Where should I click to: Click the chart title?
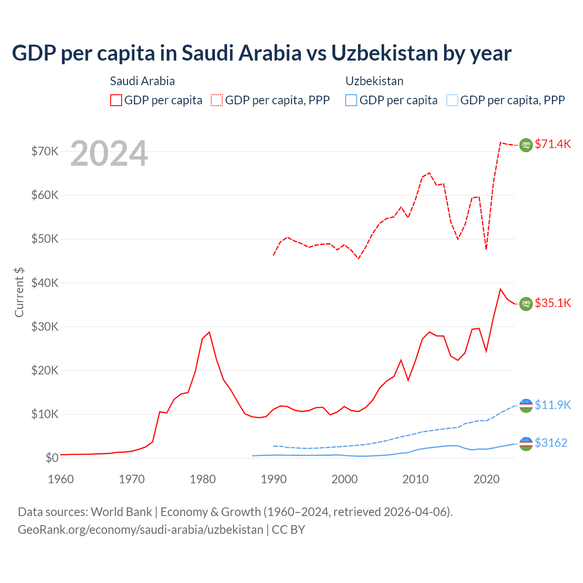point(261,53)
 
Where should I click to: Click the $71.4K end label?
point(552,144)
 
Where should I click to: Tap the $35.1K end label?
point(552,303)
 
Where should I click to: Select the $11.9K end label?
point(552,405)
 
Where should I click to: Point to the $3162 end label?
point(551,443)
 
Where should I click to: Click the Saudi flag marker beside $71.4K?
point(526,145)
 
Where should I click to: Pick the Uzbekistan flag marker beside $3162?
point(526,444)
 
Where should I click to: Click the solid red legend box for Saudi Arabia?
point(116,100)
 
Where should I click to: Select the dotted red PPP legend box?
point(217,100)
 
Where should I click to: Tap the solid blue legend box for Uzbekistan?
point(351,100)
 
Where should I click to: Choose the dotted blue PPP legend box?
point(452,100)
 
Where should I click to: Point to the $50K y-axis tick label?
point(45,239)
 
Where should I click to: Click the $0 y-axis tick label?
point(52,458)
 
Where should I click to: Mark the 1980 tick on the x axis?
point(203,479)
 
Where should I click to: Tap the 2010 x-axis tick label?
point(415,479)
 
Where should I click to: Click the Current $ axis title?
point(19,292)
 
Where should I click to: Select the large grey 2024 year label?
point(109,153)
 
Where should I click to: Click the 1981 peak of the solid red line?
point(209,332)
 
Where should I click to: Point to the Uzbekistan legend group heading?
point(374,81)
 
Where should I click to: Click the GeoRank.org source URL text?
point(141,530)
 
